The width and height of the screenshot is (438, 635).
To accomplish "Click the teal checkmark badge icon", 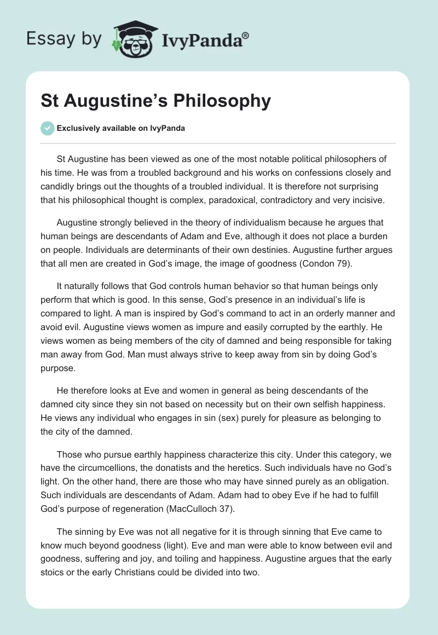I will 47,129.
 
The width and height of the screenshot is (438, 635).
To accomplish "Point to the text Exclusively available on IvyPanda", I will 121,129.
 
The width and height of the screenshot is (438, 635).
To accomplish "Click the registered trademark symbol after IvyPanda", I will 246,34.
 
